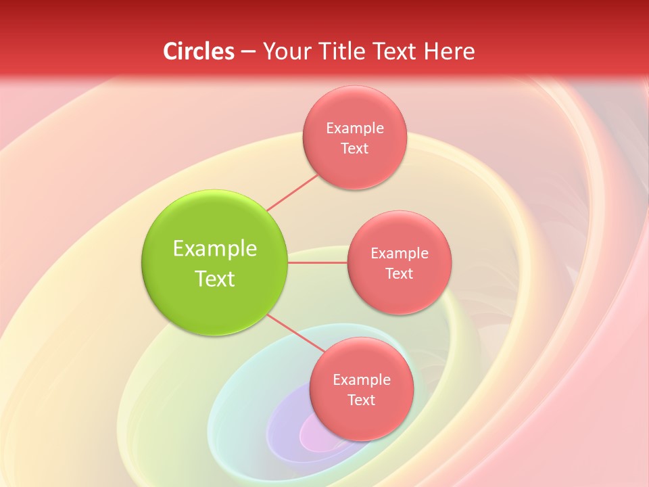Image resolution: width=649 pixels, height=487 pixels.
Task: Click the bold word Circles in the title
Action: pos(199,51)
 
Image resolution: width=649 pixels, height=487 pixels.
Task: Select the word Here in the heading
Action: pos(450,51)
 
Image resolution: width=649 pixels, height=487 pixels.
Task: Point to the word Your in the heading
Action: pos(286,51)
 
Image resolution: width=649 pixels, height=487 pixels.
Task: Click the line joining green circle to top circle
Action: pos(292,192)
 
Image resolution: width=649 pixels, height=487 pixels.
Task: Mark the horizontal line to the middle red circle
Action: pos(318,262)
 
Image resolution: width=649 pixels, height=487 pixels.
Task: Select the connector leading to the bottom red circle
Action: pos(292,332)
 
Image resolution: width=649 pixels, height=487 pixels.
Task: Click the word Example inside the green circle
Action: pos(215,249)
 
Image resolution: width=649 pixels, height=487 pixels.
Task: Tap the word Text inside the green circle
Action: pos(215,279)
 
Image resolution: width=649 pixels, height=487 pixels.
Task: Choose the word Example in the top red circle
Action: pos(355,128)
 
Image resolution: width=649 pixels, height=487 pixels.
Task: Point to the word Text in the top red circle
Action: pos(355,148)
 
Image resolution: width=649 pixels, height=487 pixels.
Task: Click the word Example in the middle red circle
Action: pos(400,253)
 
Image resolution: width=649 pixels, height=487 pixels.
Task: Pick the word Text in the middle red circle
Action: pos(400,273)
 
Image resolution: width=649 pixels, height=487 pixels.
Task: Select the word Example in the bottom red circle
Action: pos(362,379)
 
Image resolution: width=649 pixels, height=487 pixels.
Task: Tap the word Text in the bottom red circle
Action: pos(362,400)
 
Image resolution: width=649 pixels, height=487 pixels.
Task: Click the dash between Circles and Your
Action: pos(248,51)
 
